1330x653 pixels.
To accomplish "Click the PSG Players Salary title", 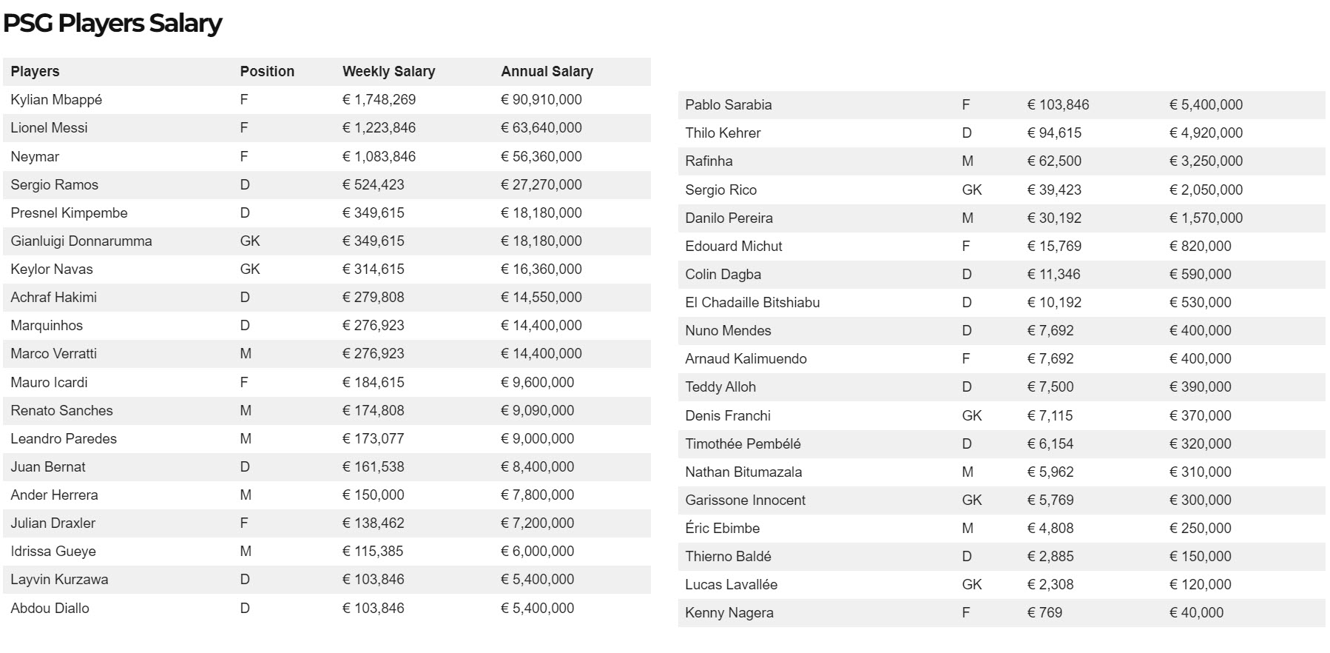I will point(112,24).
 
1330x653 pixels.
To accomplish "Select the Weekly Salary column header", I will point(388,72).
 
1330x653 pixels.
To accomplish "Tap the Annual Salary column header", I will point(547,72).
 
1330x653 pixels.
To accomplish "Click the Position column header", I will point(267,72).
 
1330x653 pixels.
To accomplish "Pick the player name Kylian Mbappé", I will point(56,100).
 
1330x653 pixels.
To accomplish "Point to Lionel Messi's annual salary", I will point(541,128).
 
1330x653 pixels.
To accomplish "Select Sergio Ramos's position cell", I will point(245,185).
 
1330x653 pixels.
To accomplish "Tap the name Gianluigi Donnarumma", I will point(81,241).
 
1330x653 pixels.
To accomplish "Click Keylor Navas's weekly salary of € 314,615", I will point(373,269).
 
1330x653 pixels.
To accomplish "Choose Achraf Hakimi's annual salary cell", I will point(541,298).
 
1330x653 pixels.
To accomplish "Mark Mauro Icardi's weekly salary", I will point(373,383).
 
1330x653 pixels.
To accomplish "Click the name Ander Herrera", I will point(54,495).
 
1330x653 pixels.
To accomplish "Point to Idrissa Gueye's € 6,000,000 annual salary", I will point(537,552).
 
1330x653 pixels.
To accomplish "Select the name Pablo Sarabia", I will point(728,105).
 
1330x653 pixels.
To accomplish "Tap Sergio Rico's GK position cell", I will point(971,190).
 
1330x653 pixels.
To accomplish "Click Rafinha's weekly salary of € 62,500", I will point(1054,161).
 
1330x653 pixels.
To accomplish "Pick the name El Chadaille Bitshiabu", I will point(752,303).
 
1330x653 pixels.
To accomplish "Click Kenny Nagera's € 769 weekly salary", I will point(1044,613).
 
